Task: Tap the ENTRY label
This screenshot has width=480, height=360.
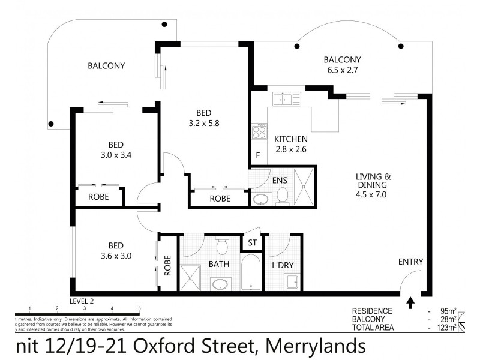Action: click(x=411, y=262)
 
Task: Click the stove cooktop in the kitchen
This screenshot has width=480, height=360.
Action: click(x=259, y=131)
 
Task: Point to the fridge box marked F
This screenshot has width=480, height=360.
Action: click(x=258, y=156)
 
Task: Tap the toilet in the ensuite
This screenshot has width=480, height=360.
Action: click(x=282, y=196)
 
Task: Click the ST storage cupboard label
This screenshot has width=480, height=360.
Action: click(x=252, y=243)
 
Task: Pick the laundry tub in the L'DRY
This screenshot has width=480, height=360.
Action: click(x=292, y=282)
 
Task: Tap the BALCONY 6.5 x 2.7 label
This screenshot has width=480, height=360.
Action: click(x=342, y=64)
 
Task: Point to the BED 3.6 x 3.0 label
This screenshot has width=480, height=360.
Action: click(x=116, y=250)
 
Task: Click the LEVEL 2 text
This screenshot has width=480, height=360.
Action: click(x=82, y=300)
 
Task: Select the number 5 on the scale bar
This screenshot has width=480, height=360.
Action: click(x=139, y=308)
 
